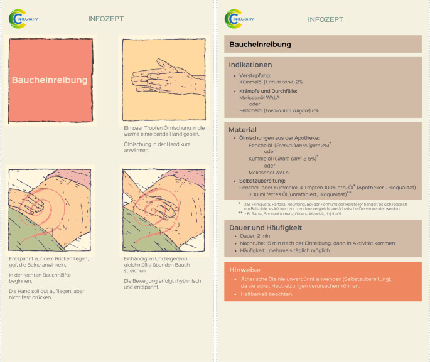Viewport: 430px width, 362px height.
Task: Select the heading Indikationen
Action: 250,65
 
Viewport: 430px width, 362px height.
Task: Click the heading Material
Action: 242,129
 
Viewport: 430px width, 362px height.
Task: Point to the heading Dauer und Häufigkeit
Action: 266,227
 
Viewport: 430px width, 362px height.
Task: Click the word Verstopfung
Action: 255,75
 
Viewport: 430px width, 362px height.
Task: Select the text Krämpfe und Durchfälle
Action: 268,91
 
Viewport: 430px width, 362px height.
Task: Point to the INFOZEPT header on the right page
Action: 325,19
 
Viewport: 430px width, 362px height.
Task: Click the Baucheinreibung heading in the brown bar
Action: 260,45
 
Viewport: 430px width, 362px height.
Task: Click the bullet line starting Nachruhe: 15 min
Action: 317,243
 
